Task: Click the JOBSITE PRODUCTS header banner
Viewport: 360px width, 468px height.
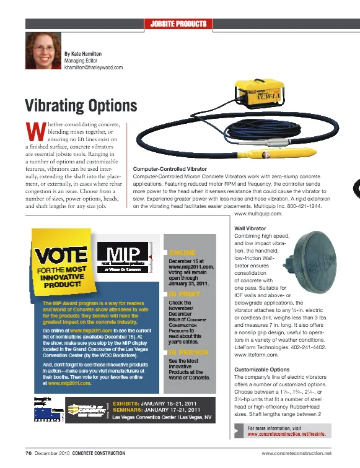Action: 178,24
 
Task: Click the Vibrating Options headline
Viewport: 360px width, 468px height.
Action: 80,105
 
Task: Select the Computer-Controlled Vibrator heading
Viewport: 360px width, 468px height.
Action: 170,168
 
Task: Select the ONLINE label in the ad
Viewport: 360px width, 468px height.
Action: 182,253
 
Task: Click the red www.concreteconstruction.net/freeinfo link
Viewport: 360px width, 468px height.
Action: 286,435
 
